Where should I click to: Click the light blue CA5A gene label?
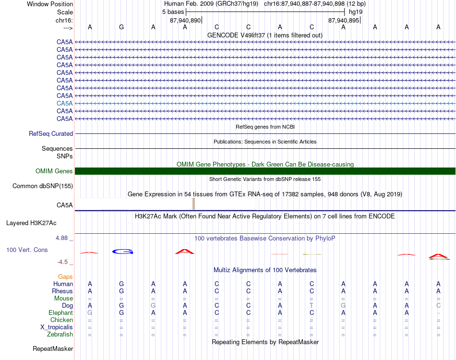[x=64, y=103]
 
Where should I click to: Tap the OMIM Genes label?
[x=54, y=171]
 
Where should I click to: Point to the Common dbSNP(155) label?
[x=43, y=186]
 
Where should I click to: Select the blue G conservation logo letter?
[x=122, y=252]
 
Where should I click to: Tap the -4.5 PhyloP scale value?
[x=63, y=262]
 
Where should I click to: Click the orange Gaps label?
[x=65, y=277]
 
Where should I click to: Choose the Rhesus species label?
[x=62, y=291]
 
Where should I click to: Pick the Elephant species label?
[x=60, y=313]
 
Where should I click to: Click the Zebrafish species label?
[x=60, y=335]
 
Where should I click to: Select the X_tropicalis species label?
[x=57, y=327]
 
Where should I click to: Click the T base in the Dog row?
[x=312, y=306]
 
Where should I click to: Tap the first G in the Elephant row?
[x=90, y=313]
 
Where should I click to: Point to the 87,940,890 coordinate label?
[x=185, y=21]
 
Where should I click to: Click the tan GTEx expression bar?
[x=193, y=204]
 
